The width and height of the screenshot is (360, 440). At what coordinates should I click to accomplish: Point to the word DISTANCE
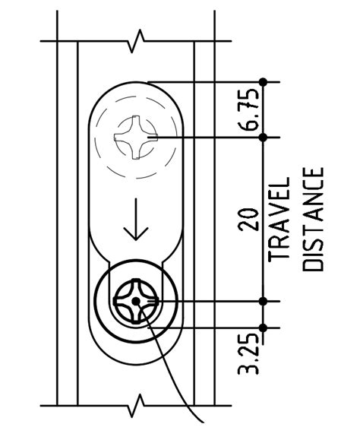pyautogui.click(x=314, y=220)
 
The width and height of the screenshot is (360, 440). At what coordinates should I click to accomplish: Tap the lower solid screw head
pyautogui.click(x=136, y=302)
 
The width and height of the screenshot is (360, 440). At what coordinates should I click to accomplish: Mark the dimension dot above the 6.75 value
pyautogui.click(x=264, y=81)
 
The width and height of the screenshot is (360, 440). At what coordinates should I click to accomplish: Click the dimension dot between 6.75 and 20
pyautogui.click(x=264, y=138)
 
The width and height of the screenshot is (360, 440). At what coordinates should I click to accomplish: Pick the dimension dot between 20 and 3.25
pyautogui.click(x=264, y=302)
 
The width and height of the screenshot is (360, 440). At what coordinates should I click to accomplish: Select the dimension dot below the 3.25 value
pyautogui.click(x=264, y=328)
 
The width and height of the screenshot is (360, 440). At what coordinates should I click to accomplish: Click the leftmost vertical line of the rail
pyautogui.click(x=59, y=220)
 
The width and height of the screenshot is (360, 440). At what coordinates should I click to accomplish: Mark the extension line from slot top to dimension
pyautogui.click(x=205, y=81)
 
